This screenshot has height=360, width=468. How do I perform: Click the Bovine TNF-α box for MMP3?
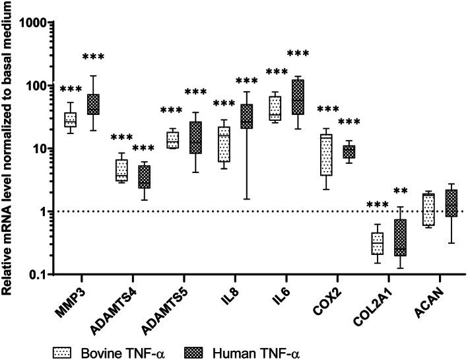[71, 120]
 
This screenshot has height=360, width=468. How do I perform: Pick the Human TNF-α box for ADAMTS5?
[196, 137]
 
